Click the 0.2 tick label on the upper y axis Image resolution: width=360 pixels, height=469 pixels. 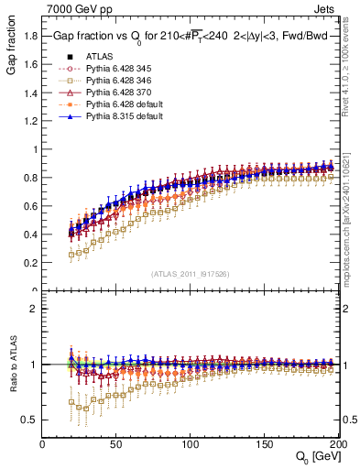(x=32, y=263)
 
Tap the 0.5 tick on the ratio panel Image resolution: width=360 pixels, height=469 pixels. (x=32, y=420)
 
